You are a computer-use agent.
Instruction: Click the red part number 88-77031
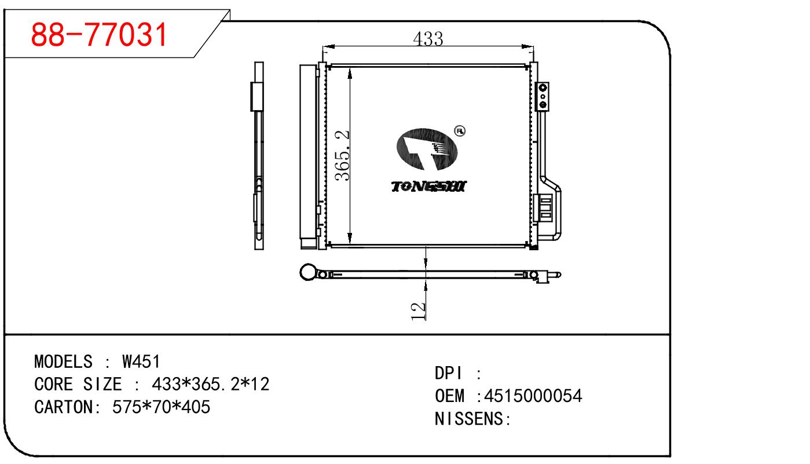tap(99, 34)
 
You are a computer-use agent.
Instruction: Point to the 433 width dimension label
tap(428, 39)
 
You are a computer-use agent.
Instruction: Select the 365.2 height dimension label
tap(342, 155)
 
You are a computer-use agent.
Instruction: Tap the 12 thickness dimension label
tap(419, 311)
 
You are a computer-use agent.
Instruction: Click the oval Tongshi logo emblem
tap(427, 149)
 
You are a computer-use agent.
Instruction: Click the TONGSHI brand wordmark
tap(429, 187)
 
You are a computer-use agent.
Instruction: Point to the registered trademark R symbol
tap(460, 131)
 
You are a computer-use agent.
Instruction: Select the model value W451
tap(141, 361)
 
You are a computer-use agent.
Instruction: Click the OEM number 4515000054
tap(533, 396)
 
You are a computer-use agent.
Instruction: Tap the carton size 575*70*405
tap(162, 407)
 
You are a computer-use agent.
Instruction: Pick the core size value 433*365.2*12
tap(210, 384)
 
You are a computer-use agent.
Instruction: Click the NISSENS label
tap(472, 418)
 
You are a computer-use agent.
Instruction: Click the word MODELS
tap(63, 361)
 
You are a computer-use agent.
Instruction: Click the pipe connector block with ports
tap(542, 97)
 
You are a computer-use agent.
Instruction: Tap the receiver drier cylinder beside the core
tap(308, 156)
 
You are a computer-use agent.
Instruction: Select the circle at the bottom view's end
tap(309, 272)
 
